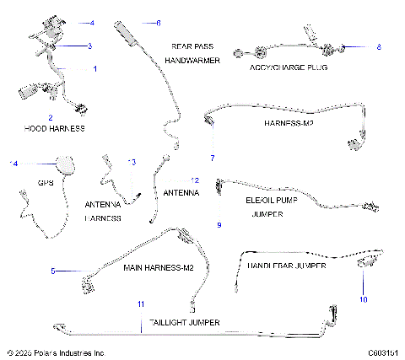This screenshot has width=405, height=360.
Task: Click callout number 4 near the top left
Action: click(92, 22)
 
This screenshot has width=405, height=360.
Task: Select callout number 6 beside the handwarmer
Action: click(157, 22)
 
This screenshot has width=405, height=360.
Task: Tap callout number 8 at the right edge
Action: click(379, 46)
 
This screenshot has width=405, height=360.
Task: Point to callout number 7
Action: click(213, 158)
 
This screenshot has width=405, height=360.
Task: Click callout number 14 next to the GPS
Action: click(12, 163)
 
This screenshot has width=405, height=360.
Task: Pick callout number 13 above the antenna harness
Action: click(131, 162)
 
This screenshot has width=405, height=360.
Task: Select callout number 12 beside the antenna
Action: click(195, 180)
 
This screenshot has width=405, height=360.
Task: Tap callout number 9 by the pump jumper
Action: click(219, 225)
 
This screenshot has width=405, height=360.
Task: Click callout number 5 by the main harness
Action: click(52, 271)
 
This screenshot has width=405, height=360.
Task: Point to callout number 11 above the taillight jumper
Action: click(141, 303)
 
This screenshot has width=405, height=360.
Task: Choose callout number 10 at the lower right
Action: click(364, 298)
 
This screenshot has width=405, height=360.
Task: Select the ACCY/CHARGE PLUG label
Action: click(289, 67)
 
